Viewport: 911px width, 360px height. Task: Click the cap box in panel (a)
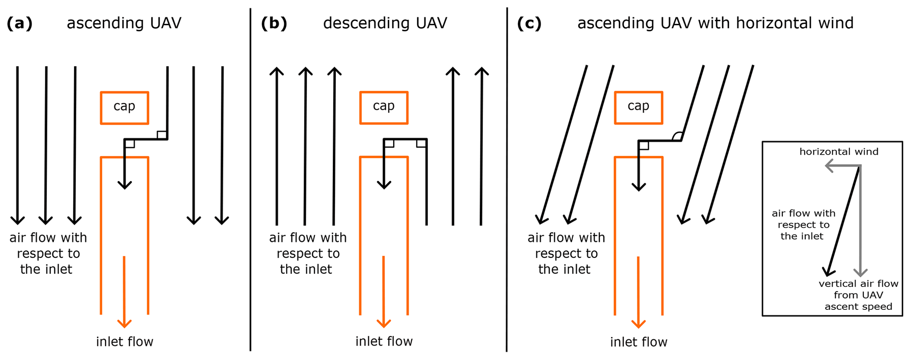[x=124, y=108]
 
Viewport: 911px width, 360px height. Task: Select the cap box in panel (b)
[x=383, y=108]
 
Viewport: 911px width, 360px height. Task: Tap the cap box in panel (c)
[x=638, y=108]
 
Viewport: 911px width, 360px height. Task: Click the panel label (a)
[x=20, y=23]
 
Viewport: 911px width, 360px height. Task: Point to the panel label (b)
[x=274, y=23]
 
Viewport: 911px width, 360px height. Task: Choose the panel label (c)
[x=529, y=23]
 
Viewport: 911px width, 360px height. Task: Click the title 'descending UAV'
[x=385, y=23]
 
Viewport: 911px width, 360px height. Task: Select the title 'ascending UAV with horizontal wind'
[x=715, y=23]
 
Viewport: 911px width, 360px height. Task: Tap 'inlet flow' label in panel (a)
[x=125, y=342]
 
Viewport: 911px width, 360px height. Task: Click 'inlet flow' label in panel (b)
[x=384, y=342]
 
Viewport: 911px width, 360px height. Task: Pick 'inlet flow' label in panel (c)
[x=639, y=342]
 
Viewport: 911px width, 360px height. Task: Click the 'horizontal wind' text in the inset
[x=839, y=152]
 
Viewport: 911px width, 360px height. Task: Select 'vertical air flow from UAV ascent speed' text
[x=858, y=295]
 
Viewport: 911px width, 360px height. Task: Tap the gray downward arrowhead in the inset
[x=860, y=273]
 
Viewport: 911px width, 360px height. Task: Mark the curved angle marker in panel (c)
[x=677, y=136]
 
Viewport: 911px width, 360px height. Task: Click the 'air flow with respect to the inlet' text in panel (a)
[x=48, y=253]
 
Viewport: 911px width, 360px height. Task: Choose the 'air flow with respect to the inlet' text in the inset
[x=803, y=225]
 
